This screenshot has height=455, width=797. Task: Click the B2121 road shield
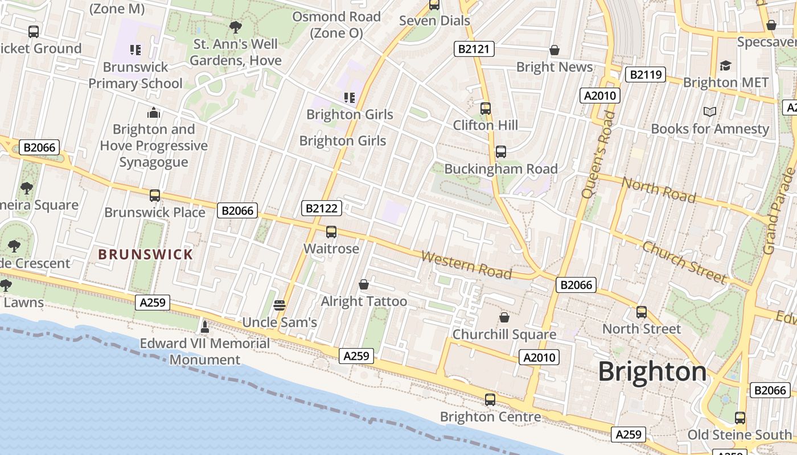(474, 49)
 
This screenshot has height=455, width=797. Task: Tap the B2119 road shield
(645, 75)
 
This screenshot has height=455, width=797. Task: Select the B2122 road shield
(322, 208)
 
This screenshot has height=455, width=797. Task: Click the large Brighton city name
(652, 372)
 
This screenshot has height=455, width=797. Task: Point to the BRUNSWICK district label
(146, 254)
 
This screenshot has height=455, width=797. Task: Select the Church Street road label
(684, 262)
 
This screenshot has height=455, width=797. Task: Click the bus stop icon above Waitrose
(331, 232)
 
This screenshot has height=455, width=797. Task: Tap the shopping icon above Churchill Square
(504, 317)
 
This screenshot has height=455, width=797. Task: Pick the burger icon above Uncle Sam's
(279, 305)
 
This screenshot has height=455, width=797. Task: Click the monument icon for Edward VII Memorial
(205, 326)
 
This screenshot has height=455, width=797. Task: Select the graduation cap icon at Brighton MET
(725, 65)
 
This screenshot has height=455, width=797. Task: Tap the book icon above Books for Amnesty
(709, 111)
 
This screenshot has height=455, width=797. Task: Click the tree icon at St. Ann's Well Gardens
(235, 27)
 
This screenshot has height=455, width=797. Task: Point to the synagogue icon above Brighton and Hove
(153, 112)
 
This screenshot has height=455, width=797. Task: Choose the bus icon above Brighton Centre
(490, 399)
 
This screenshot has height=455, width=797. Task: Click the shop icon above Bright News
(554, 50)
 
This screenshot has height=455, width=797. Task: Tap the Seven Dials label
(434, 21)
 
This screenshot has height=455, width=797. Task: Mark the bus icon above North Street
(642, 312)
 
